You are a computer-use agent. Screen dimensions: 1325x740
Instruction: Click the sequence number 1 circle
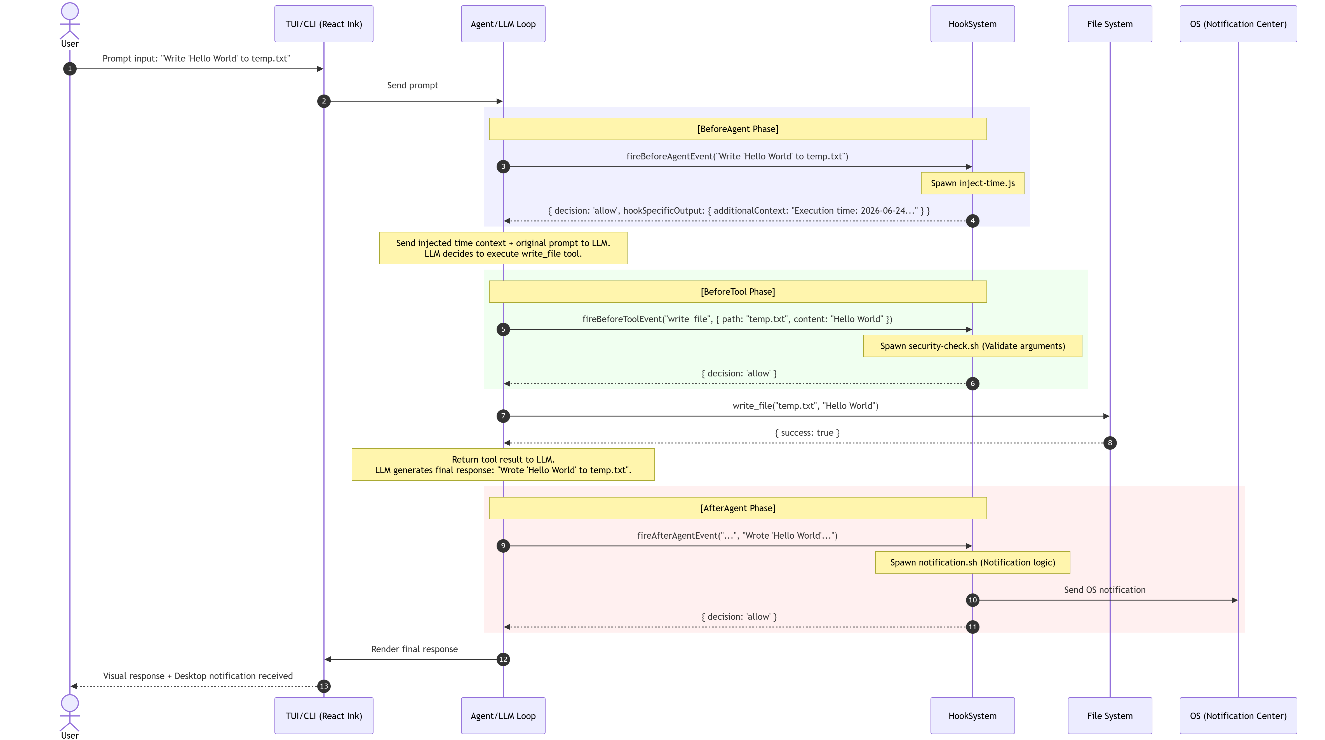[x=70, y=69]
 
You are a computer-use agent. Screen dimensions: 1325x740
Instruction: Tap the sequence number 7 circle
[x=503, y=416]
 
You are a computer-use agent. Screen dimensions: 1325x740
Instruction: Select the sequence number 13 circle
[x=323, y=686]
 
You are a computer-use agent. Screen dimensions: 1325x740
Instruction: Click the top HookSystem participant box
[x=972, y=24]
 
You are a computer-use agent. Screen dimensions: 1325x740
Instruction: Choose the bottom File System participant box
[x=1110, y=715]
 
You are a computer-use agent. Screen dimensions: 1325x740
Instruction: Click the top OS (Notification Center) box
[x=1238, y=24]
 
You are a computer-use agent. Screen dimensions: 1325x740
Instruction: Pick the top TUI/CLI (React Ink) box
[x=323, y=24]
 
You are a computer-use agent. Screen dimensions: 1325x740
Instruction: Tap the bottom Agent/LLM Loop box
[x=503, y=715]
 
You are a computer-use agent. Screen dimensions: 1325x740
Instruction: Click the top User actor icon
[x=70, y=21]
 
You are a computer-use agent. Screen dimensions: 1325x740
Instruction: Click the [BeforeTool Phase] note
[x=737, y=292]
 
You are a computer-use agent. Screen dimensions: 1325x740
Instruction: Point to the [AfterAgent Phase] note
[x=737, y=508]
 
